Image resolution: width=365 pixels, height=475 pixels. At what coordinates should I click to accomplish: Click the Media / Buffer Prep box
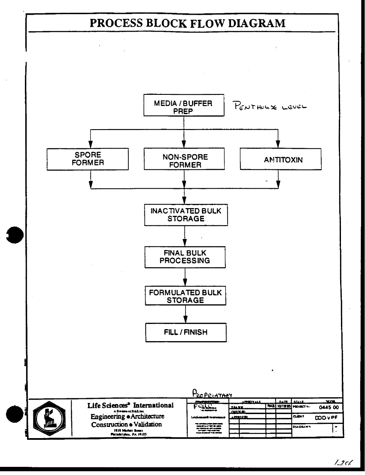click(185, 106)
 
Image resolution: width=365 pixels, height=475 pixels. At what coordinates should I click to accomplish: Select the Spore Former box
click(90, 160)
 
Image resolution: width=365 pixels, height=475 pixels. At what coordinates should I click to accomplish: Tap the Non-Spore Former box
click(185, 160)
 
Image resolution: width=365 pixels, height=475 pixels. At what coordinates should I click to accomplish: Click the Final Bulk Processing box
click(185, 257)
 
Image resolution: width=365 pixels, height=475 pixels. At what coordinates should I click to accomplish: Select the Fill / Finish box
click(185, 332)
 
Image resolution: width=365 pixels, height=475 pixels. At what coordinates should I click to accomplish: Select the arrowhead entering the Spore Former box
click(90, 146)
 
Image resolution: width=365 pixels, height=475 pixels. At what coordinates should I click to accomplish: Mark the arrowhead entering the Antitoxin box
click(278, 146)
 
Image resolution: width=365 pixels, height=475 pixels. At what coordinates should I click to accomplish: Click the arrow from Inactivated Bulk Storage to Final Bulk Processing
click(185, 236)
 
